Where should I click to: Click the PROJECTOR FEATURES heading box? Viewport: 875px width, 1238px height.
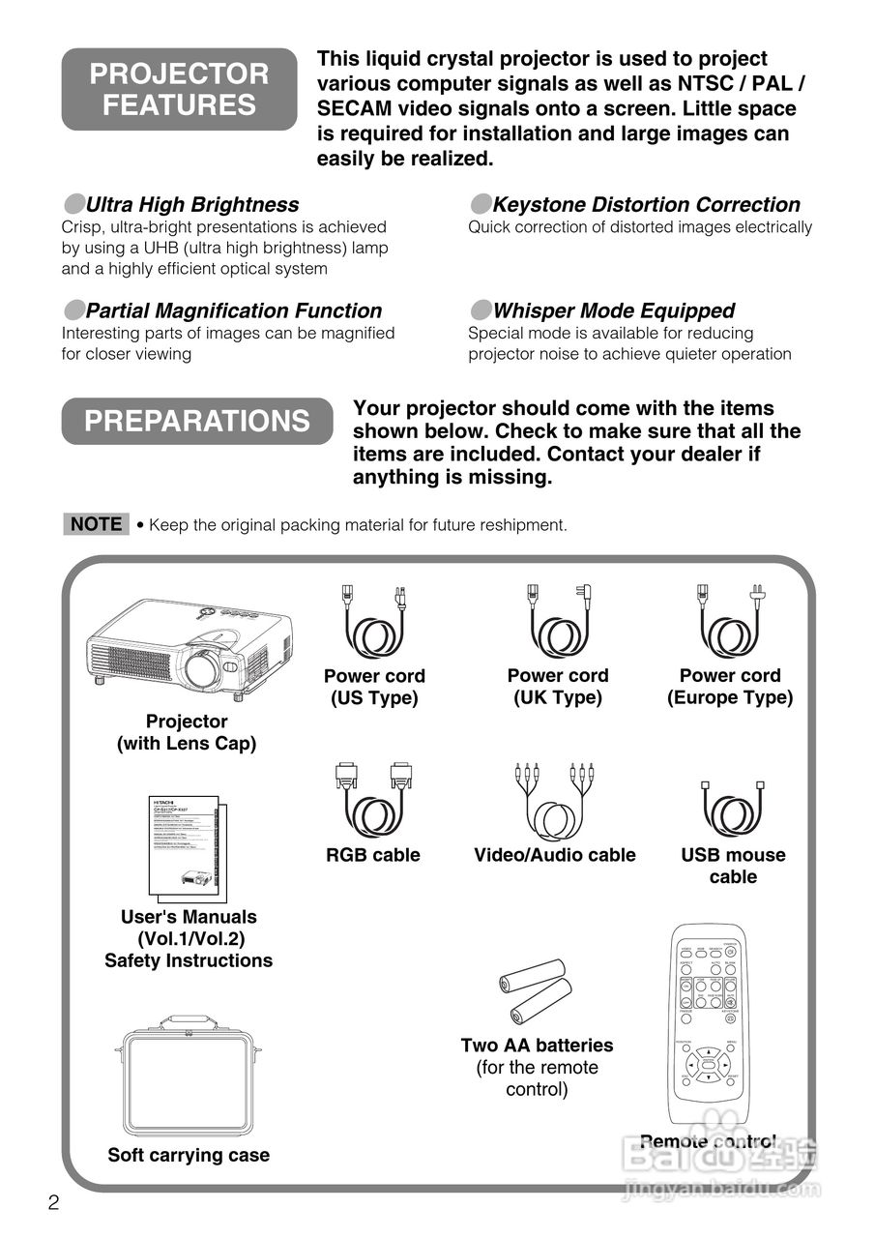[x=179, y=89]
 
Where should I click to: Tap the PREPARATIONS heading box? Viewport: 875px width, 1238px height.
[x=197, y=421]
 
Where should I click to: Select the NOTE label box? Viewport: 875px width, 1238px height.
[x=96, y=524]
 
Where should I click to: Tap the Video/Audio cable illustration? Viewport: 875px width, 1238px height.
[x=554, y=803]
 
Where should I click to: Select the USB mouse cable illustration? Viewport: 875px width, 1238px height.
[x=733, y=808]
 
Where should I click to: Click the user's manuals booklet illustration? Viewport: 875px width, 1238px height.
[x=189, y=846]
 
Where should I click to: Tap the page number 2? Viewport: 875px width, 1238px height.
[x=54, y=1203]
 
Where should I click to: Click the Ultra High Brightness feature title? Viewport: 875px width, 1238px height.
[x=191, y=205]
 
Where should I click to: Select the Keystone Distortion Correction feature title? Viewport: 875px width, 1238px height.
[x=646, y=205]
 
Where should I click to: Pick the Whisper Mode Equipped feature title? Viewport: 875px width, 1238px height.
[x=613, y=310]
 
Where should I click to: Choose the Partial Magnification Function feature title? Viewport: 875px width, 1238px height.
[x=233, y=310]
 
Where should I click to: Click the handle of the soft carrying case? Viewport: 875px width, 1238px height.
[x=189, y=1021]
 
